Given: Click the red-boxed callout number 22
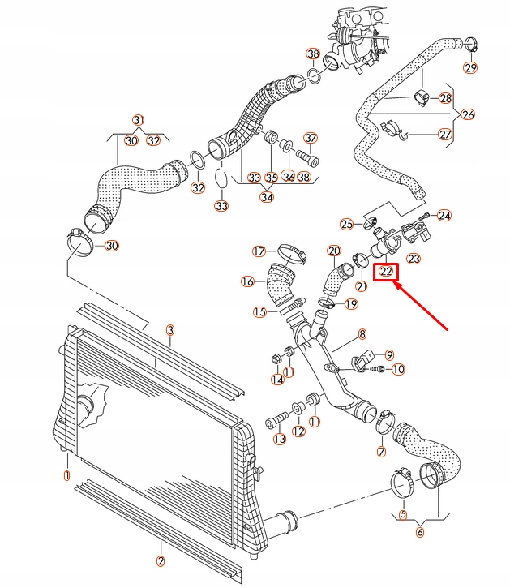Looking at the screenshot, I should click(386, 272).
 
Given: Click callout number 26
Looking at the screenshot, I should click(468, 114).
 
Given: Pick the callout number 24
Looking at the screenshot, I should click(444, 216).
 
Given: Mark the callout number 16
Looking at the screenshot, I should click(248, 281).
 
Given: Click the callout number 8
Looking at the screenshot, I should click(362, 333).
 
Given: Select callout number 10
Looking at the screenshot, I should click(397, 369).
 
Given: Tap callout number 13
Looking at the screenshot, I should click(280, 439).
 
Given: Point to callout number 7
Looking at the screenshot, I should click(380, 451).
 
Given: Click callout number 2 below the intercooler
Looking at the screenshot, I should click(160, 560).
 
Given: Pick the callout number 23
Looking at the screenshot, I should click(414, 259).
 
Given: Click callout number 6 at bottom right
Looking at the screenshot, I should click(419, 532).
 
